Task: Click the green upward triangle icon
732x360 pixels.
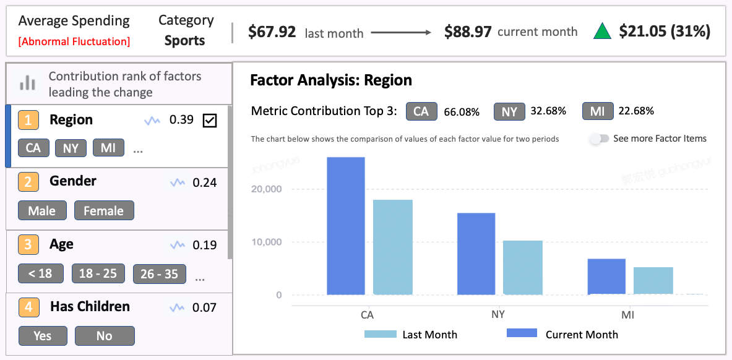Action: click(x=602, y=32)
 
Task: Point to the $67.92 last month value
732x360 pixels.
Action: click(x=272, y=32)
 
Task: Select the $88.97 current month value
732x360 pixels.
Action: click(x=468, y=32)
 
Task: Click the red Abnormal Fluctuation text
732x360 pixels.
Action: click(x=74, y=41)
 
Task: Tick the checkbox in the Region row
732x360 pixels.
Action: click(x=210, y=121)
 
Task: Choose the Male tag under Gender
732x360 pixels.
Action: click(x=41, y=211)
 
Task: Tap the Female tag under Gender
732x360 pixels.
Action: click(x=103, y=211)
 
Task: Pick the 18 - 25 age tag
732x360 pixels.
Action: click(x=98, y=273)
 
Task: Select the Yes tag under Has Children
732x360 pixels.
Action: click(x=42, y=335)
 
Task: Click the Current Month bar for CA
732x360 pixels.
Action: click(x=346, y=226)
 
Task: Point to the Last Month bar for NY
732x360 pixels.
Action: click(x=523, y=267)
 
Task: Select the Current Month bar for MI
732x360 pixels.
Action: click(x=606, y=276)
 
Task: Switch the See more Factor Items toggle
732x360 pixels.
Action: click(x=598, y=139)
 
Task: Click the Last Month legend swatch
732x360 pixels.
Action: click(x=380, y=334)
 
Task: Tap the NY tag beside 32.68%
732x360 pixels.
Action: click(x=509, y=111)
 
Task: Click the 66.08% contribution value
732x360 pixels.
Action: click(x=462, y=112)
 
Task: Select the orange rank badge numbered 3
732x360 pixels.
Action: click(x=28, y=244)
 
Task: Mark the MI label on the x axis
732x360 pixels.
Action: click(x=628, y=315)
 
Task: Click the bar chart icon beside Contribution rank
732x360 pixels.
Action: click(x=27, y=83)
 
